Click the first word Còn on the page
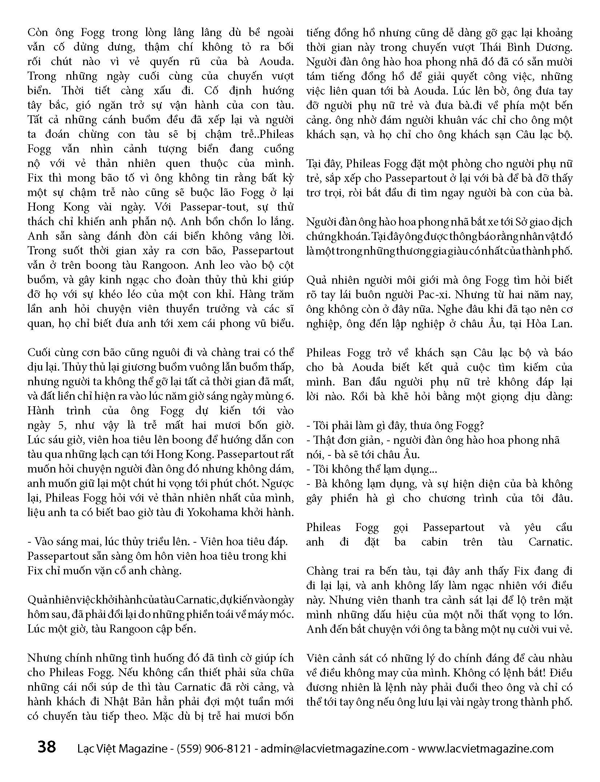38,33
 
